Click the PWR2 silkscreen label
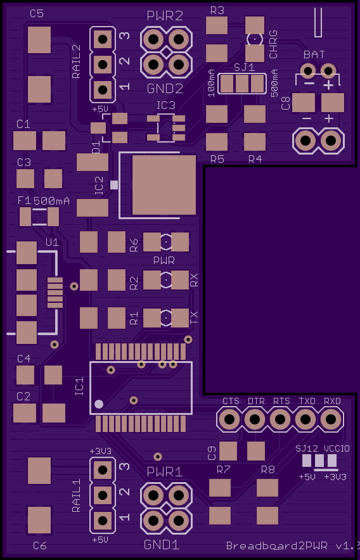pos(165,16)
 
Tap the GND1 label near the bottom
pos(162,545)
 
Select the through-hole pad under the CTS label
pos(229,419)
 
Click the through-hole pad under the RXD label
pos(331,419)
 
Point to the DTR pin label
pos(256,401)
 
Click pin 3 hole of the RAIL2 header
pos(103,39)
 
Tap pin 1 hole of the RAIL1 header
pos(103,520)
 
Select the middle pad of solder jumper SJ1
pos(242,84)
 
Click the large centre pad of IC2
pos(164,184)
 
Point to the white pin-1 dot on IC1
pos(99,404)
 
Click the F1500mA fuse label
pos(43,201)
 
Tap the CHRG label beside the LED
pos(273,44)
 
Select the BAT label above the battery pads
pos(314,54)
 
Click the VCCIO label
pos(337,449)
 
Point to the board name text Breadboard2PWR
pos(277,545)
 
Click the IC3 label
pos(166,105)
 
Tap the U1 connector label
pos(52,243)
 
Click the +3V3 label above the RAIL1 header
pos(100,451)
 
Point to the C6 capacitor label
pos(40,545)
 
